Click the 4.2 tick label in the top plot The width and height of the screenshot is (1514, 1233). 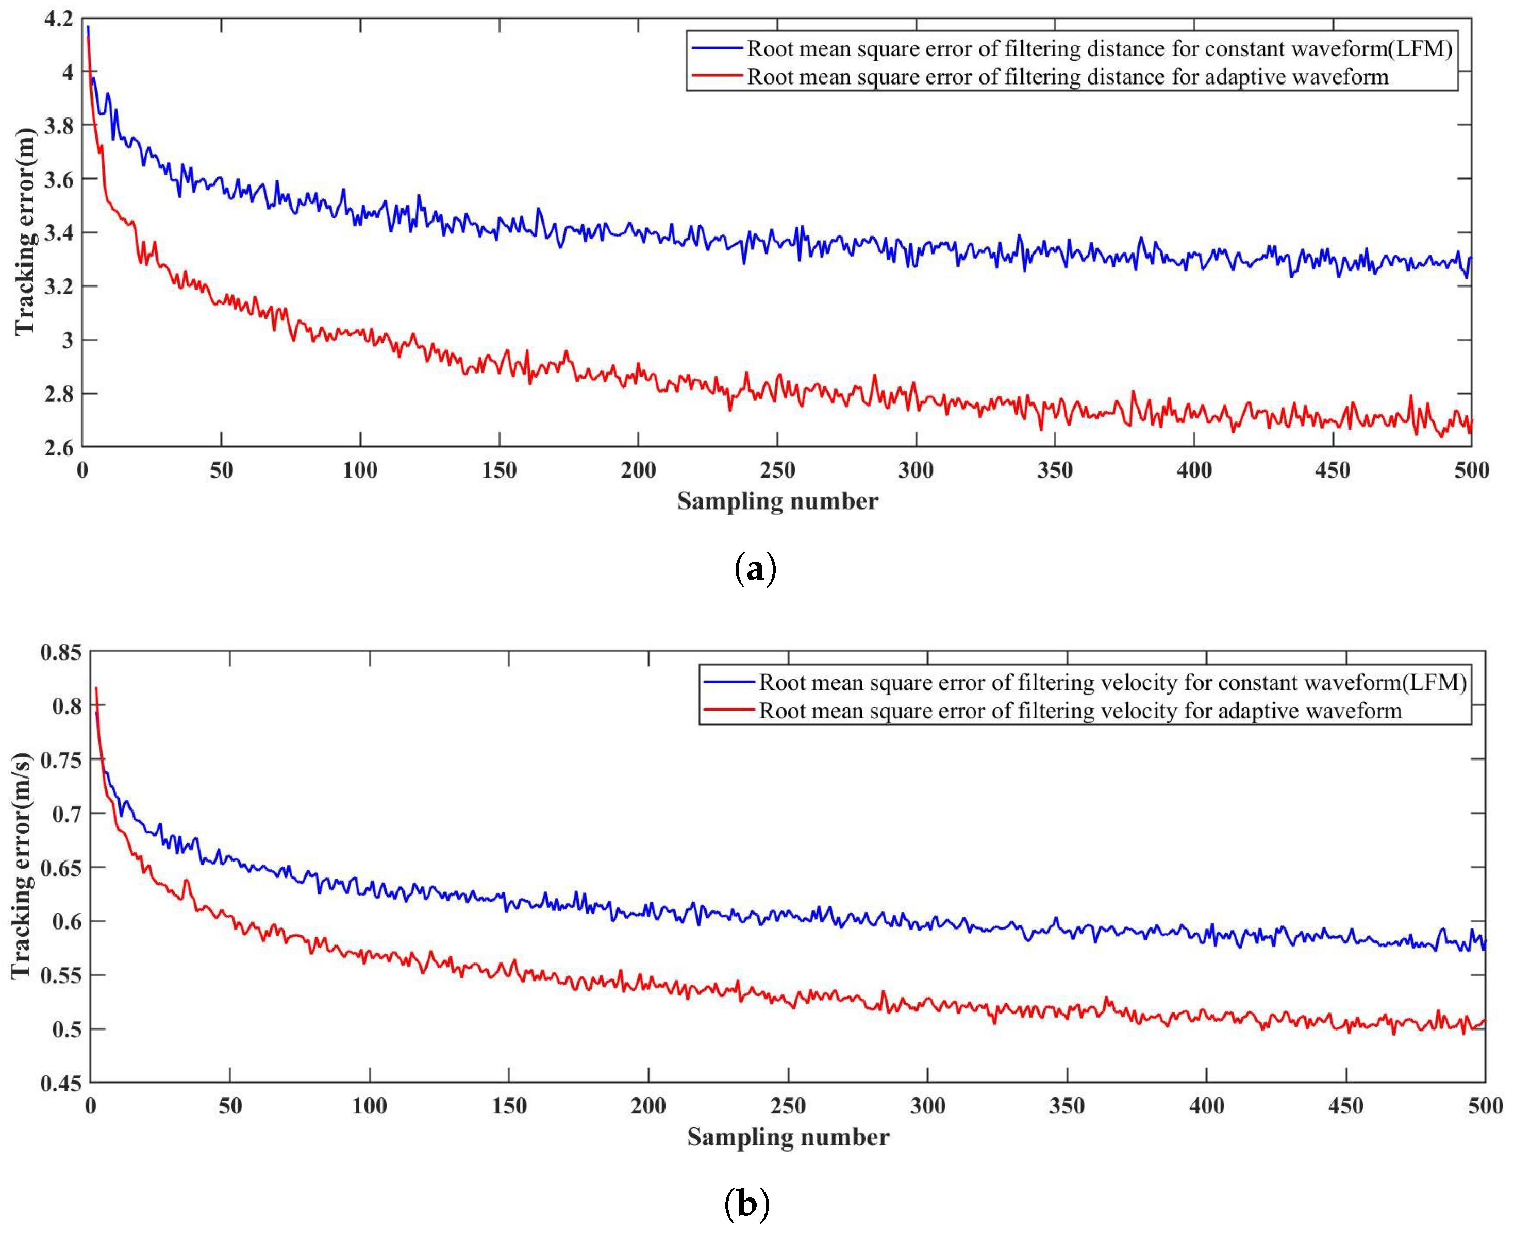pyautogui.click(x=58, y=19)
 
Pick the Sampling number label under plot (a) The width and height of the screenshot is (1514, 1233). pyautogui.click(x=777, y=501)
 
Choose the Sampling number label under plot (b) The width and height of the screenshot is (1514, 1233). pyautogui.click(x=788, y=1137)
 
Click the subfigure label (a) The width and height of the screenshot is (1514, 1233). pyautogui.click(x=755, y=570)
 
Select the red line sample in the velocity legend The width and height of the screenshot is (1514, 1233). pyautogui.click(x=729, y=710)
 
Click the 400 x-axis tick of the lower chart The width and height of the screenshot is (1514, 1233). pyautogui.click(x=1206, y=1105)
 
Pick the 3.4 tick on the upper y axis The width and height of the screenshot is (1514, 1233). pyautogui.click(x=58, y=232)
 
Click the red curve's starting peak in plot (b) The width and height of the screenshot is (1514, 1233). pyautogui.click(x=96, y=688)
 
